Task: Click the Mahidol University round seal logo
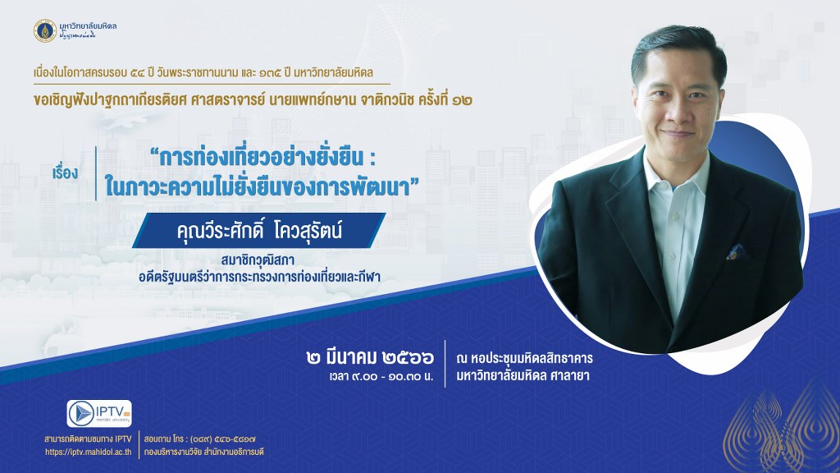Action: click(x=45, y=31)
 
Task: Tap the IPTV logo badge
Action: click(x=99, y=414)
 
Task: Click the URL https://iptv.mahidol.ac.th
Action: click(x=89, y=452)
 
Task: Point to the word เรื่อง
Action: click(x=66, y=172)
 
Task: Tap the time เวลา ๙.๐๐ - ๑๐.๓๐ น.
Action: click(x=381, y=376)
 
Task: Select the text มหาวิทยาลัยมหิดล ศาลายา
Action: click(x=523, y=376)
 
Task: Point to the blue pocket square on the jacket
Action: click(x=737, y=252)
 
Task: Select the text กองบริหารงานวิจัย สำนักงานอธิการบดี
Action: click(x=203, y=452)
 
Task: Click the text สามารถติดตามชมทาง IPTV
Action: click(x=88, y=439)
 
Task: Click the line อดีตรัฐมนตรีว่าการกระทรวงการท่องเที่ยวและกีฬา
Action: click(x=259, y=277)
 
